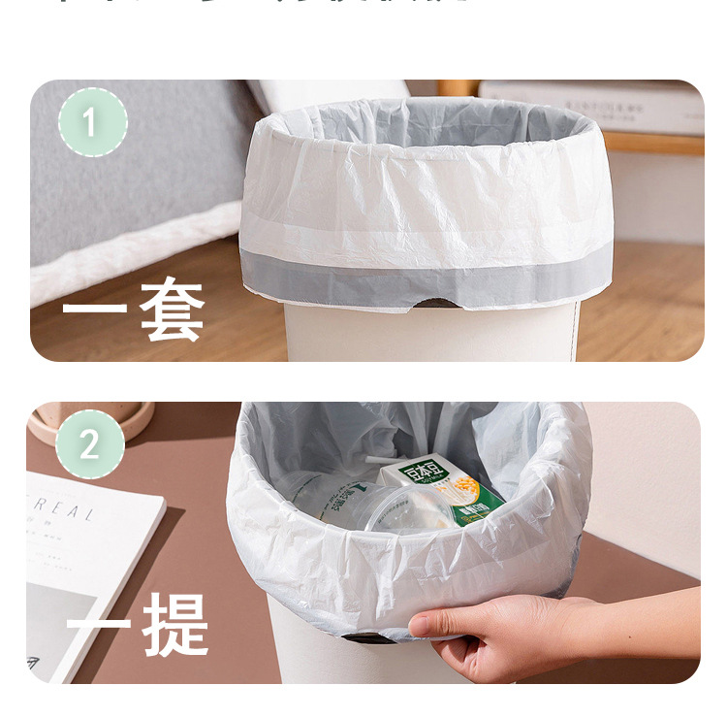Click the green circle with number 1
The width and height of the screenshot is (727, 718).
pyautogui.click(x=92, y=122)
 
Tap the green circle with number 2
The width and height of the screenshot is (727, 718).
pyautogui.click(x=90, y=444)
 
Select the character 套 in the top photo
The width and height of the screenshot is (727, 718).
pyautogui.click(x=172, y=310)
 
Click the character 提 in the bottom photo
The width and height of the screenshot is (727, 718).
pyautogui.click(x=175, y=624)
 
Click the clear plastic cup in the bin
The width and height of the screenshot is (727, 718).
pyautogui.click(x=388, y=509)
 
